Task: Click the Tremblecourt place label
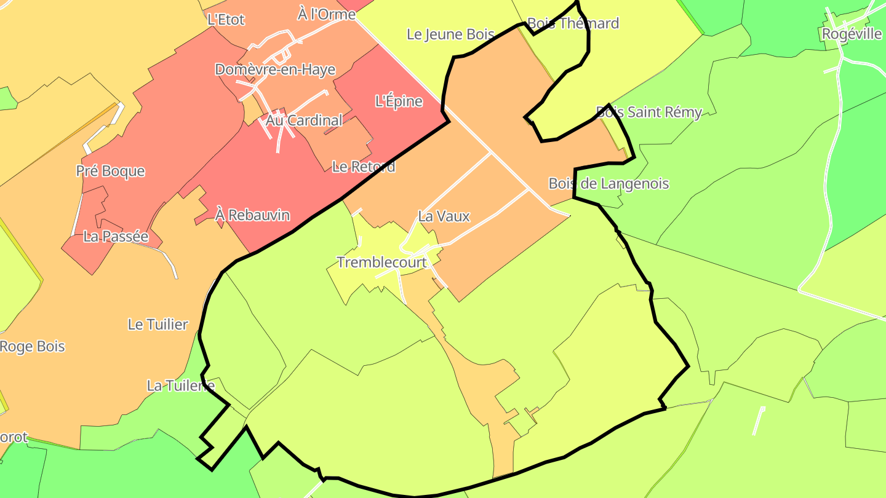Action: [x=381, y=263]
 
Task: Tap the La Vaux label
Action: [x=444, y=216]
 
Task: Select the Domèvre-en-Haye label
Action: [x=275, y=69]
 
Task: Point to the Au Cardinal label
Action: [x=304, y=121]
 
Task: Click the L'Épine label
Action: [x=399, y=101]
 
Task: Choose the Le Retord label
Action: [x=363, y=167]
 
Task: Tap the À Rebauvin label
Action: [x=252, y=215]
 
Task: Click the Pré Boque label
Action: [x=111, y=171]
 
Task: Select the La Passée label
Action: [x=116, y=236]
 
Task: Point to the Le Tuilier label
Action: [x=158, y=324]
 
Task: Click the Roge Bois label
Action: [x=32, y=346]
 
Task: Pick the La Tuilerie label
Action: [x=180, y=386]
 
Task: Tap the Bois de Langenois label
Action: [x=609, y=183]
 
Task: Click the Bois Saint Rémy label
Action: [x=649, y=112]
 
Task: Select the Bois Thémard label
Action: [x=573, y=23]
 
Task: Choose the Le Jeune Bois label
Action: [x=450, y=34]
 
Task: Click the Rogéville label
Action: [x=852, y=34]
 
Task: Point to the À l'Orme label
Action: [x=326, y=14]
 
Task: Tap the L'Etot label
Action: [x=226, y=20]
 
